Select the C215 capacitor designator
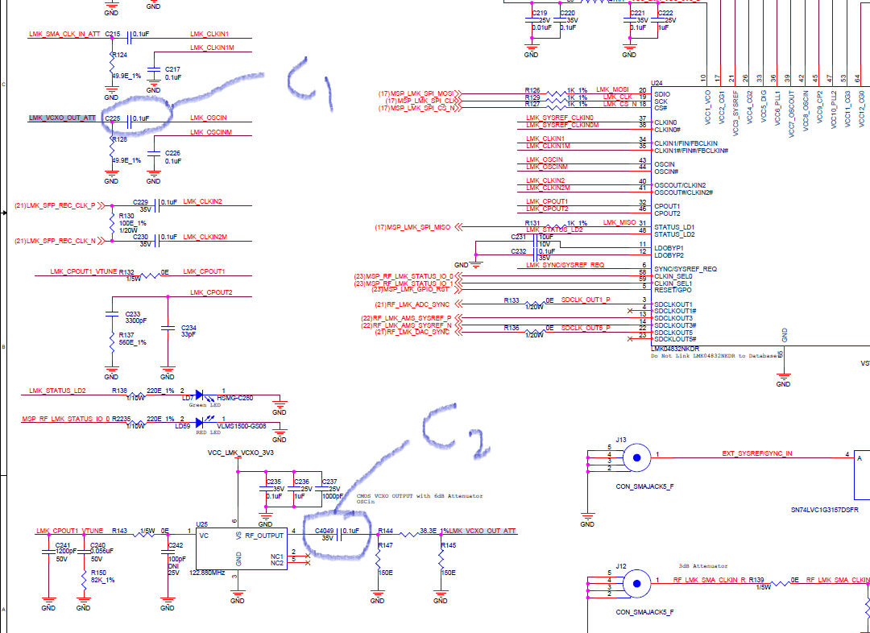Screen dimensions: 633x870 [113, 35]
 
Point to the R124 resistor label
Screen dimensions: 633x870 [119, 55]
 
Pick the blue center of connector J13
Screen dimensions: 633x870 [637, 457]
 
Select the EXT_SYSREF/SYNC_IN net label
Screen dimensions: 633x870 [756, 454]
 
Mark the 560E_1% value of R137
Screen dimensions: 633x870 [132, 343]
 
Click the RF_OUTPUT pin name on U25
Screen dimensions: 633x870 [264, 535]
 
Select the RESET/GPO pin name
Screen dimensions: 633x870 [674, 291]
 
